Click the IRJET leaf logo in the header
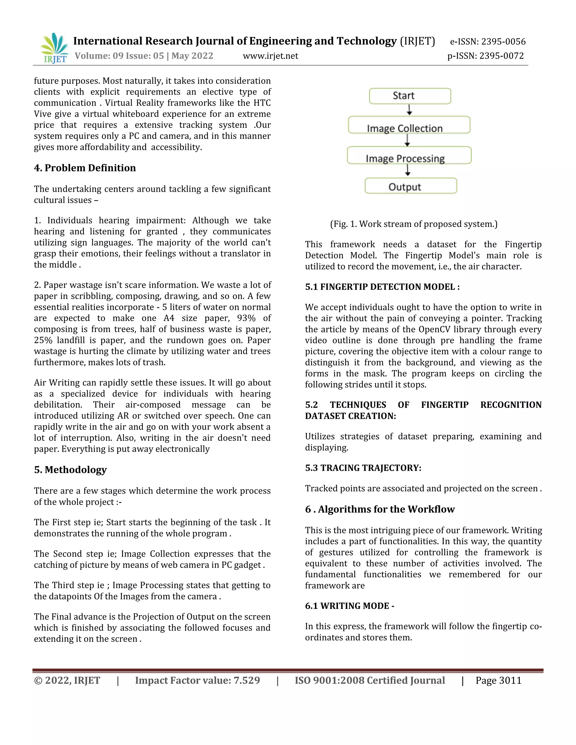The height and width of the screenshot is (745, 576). tap(54, 48)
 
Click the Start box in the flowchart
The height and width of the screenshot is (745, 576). tap(410, 96)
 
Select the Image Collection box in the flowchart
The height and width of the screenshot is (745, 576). tap(409, 125)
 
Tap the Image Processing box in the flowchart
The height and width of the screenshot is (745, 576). tap(409, 155)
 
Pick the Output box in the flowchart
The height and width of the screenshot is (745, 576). tap(411, 186)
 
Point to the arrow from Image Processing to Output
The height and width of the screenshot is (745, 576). tap(408, 170)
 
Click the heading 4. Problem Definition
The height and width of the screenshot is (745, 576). tap(85, 168)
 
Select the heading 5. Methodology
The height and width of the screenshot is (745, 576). tap(70, 470)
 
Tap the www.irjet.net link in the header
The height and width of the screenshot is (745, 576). tap(270, 56)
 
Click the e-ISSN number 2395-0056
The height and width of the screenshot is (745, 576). tap(503, 42)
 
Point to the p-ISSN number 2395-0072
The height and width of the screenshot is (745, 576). tap(501, 56)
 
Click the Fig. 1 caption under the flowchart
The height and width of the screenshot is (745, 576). tap(413, 224)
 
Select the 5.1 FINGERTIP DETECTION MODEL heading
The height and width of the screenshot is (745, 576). tap(382, 287)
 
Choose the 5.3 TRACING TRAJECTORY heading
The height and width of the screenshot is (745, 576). tap(363, 468)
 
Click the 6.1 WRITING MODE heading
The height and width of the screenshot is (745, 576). tap(349, 606)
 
